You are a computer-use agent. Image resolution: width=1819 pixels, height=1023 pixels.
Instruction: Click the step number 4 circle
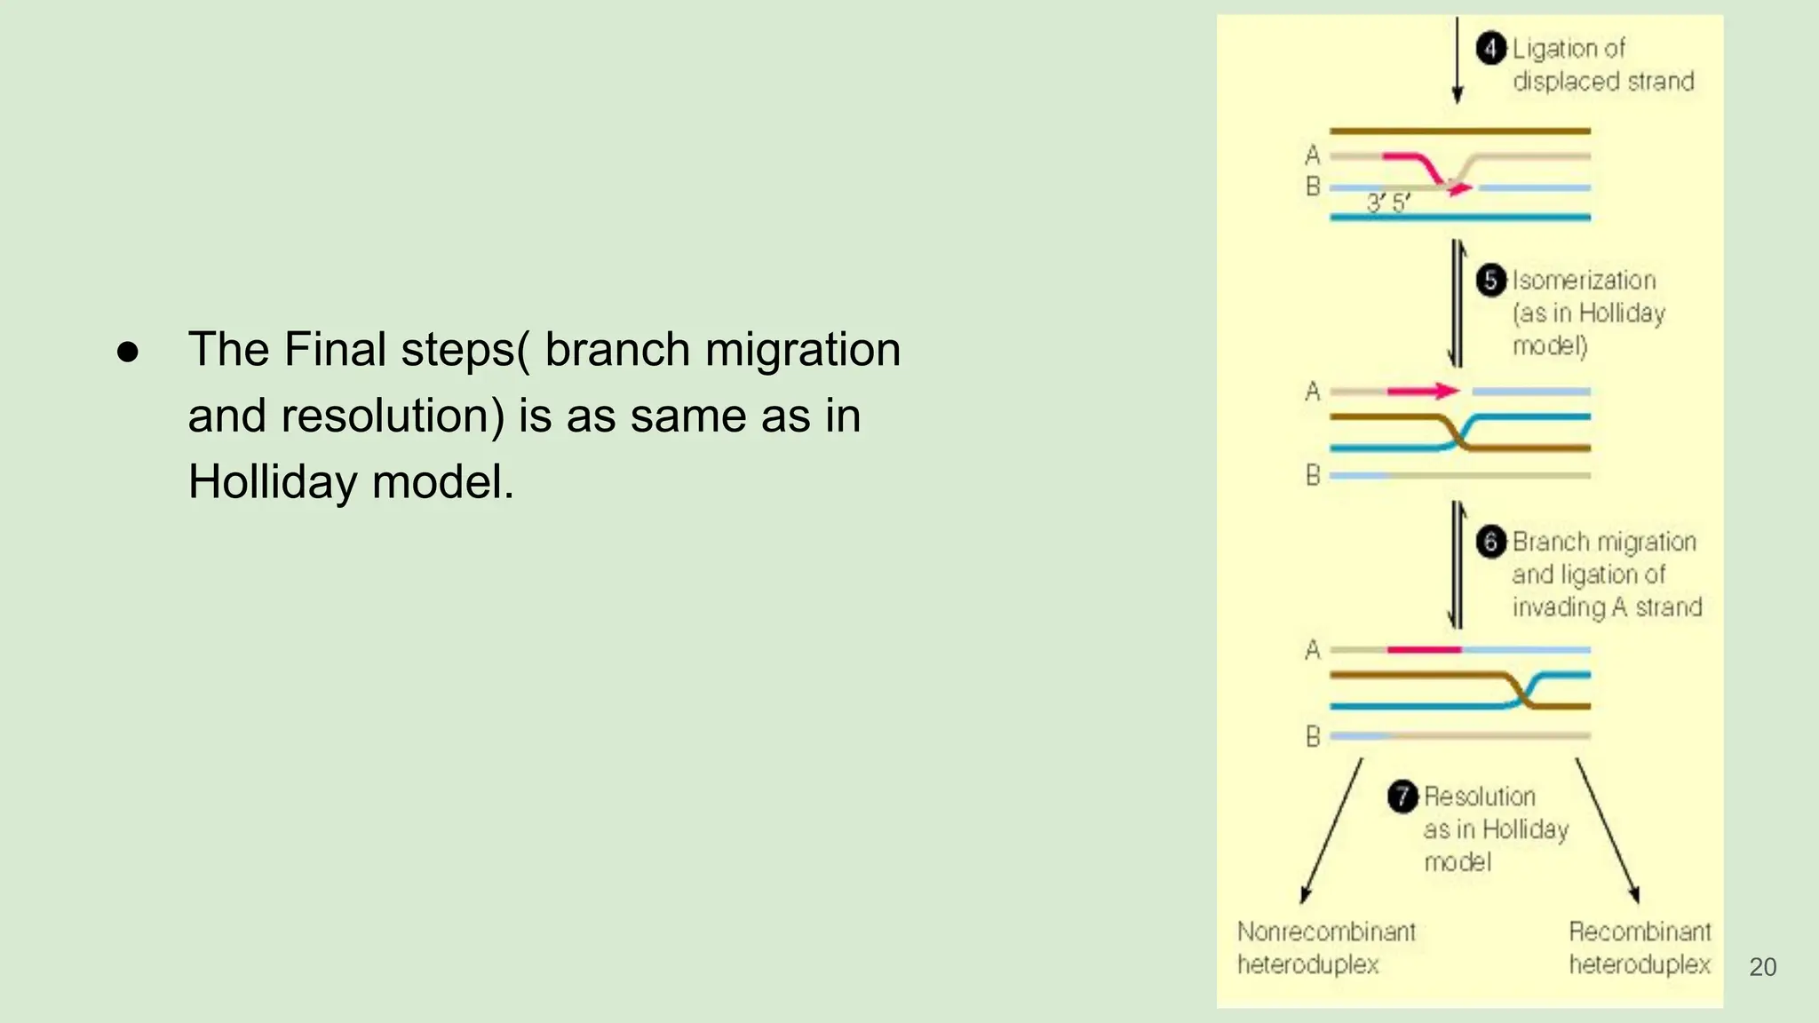pos(1491,48)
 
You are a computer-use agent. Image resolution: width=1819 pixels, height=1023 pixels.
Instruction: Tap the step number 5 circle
pos(1491,280)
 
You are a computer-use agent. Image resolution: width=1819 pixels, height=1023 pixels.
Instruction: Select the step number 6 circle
pos(1491,541)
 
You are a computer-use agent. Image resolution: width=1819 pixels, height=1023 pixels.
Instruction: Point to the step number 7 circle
pos(1402,796)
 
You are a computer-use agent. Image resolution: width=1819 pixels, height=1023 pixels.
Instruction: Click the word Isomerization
pos(1584,280)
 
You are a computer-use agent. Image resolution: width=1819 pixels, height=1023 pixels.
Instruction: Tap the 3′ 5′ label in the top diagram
pos(1387,203)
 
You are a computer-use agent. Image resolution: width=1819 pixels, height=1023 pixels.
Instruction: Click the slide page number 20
pos(1762,967)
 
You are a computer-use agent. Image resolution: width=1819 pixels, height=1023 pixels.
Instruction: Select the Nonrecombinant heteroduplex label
pos(1325,948)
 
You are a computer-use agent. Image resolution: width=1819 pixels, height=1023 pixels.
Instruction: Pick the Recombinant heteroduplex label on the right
pos(1639,948)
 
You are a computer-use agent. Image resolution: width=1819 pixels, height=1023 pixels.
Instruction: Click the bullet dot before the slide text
pos(128,352)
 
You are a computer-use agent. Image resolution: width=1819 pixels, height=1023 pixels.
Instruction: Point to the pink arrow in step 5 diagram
pos(1423,391)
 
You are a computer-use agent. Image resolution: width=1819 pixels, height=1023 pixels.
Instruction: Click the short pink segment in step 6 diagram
pos(1423,650)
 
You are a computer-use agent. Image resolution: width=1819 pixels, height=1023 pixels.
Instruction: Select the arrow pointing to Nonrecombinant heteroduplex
pos(1330,831)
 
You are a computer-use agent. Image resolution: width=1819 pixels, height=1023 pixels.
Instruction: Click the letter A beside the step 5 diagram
pos(1313,392)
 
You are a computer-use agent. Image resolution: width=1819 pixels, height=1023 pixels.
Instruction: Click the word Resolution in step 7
pos(1480,796)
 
